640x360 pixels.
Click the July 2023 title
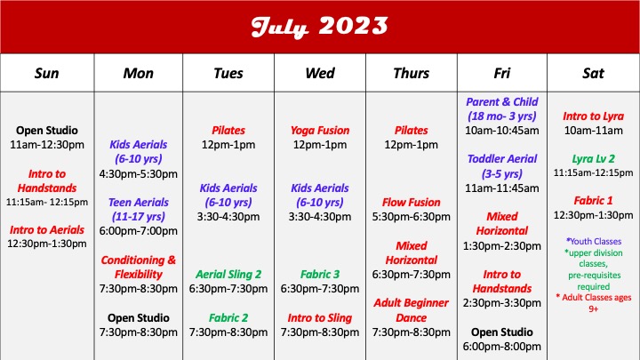pyautogui.click(x=319, y=27)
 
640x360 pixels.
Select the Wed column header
pyautogui.click(x=320, y=73)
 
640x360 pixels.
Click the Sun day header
pyautogui.click(x=46, y=73)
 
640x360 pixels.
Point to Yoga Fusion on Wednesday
pyautogui.click(x=320, y=130)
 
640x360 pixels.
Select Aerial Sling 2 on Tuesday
pyautogui.click(x=228, y=274)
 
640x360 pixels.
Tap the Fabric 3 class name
pyautogui.click(x=320, y=274)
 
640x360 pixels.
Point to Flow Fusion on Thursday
pyautogui.click(x=411, y=202)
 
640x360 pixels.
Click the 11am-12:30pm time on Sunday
pyautogui.click(x=46, y=144)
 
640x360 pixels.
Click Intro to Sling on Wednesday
pyautogui.click(x=320, y=316)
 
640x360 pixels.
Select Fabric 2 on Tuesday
pyautogui.click(x=228, y=316)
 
